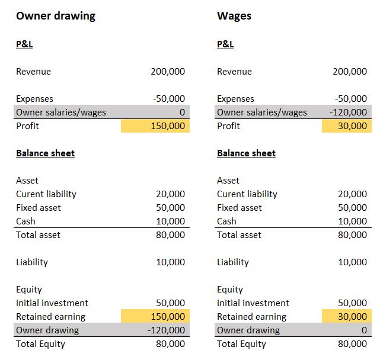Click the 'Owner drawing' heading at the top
(56, 16)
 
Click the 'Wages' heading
(234, 16)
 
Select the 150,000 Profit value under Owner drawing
(168, 126)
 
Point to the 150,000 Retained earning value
(168, 317)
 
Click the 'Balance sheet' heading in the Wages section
(246, 153)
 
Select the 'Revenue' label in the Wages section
(234, 72)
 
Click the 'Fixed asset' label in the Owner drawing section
(39, 208)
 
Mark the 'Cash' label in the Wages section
(226, 221)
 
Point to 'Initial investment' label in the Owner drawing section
(52, 303)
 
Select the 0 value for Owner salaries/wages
(182, 112)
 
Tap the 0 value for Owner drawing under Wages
(364, 330)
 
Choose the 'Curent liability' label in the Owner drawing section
(46, 194)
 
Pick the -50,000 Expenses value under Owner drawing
(169, 99)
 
